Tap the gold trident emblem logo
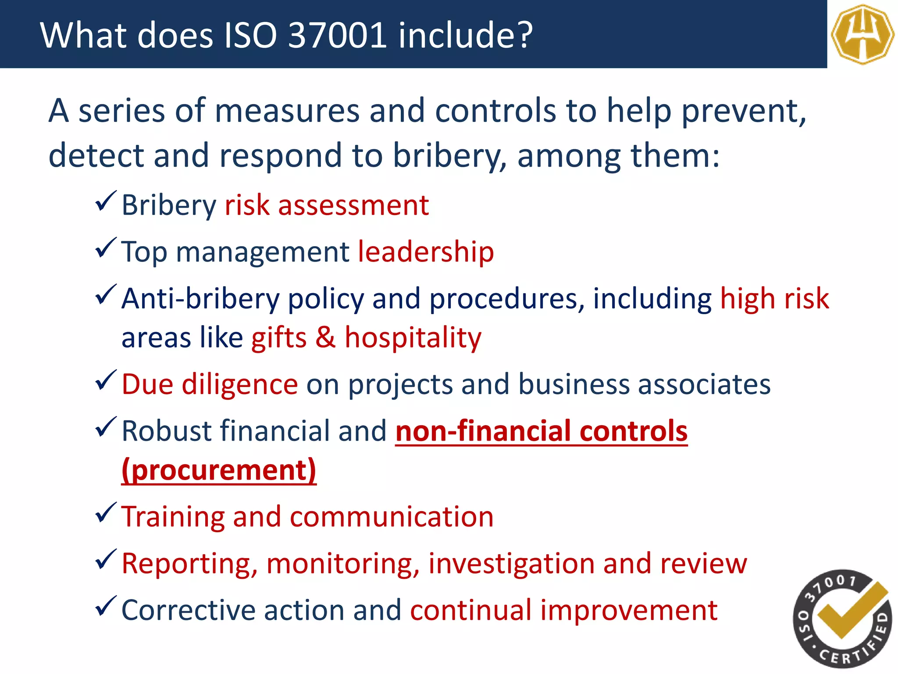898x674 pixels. pyautogui.click(x=862, y=34)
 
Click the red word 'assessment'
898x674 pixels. pyautogui.click(x=353, y=205)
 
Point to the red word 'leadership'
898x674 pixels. pyautogui.click(x=426, y=252)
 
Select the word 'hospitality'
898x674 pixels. pyautogui.click(x=413, y=338)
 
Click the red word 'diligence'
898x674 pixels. pyautogui.click(x=240, y=384)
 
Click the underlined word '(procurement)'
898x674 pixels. pyautogui.click(x=219, y=470)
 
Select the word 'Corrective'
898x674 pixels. pyautogui.click(x=188, y=610)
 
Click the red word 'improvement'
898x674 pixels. pyautogui.click(x=629, y=610)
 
